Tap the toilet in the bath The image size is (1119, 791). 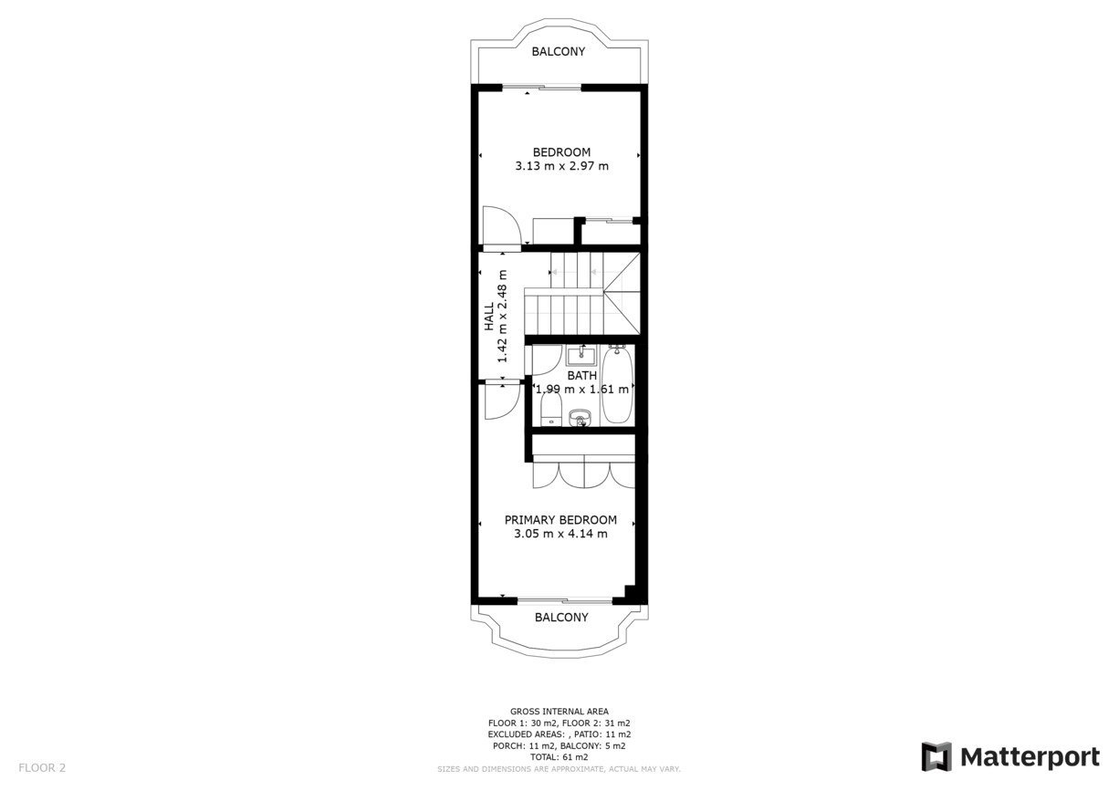pyautogui.click(x=551, y=411)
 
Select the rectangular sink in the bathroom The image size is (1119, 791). pyautogui.click(x=581, y=356)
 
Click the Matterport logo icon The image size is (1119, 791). pyautogui.click(x=936, y=756)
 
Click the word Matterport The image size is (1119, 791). pyautogui.click(x=1030, y=757)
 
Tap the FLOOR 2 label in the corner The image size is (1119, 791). pyautogui.click(x=42, y=767)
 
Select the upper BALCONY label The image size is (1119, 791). pyautogui.click(x=558, y=51)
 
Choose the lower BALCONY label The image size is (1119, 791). pyautogui.click(x=561, y=618)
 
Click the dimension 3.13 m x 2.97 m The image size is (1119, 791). pyautogui.click(x=561, y=166)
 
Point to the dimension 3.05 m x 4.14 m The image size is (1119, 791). pyautogui.click(x=560, y=534)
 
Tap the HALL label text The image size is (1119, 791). pyautogui.click(x=489, y=316)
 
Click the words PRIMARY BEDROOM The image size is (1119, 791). pyautogui.click(x=560, y=520)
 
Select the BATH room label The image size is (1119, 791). pyautogui.click(x=582, y=376)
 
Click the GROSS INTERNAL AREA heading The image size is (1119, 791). pyautogui.click(x=559, y=712)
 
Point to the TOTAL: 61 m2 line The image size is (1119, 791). pyautogui.click(x=559, y=757)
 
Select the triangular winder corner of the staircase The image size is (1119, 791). pyautogui.click(x=622, y=293)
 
